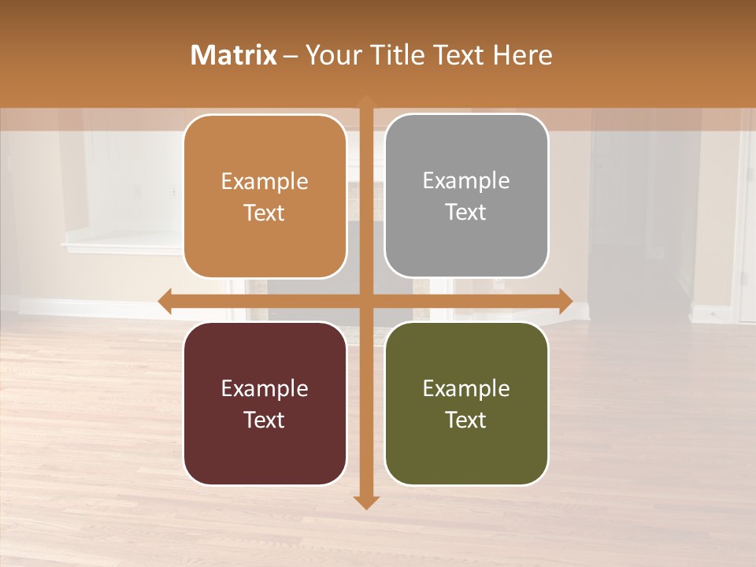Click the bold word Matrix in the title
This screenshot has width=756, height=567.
pos(234,55)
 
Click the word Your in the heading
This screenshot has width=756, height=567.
pos(330,55)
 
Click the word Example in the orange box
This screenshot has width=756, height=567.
pos(265,182)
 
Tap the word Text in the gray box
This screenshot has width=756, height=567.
pos(466,213)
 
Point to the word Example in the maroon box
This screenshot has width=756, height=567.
pos(265,389)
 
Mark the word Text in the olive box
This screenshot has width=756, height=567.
pos(466,420)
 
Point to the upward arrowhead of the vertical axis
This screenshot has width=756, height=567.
pos(366,99)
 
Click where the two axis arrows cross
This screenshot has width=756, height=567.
pos(366,301)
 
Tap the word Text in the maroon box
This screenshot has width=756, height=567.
pos(265,420)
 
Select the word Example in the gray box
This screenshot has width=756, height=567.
pos(466,181)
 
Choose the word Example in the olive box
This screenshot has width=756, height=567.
pos(466,389)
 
